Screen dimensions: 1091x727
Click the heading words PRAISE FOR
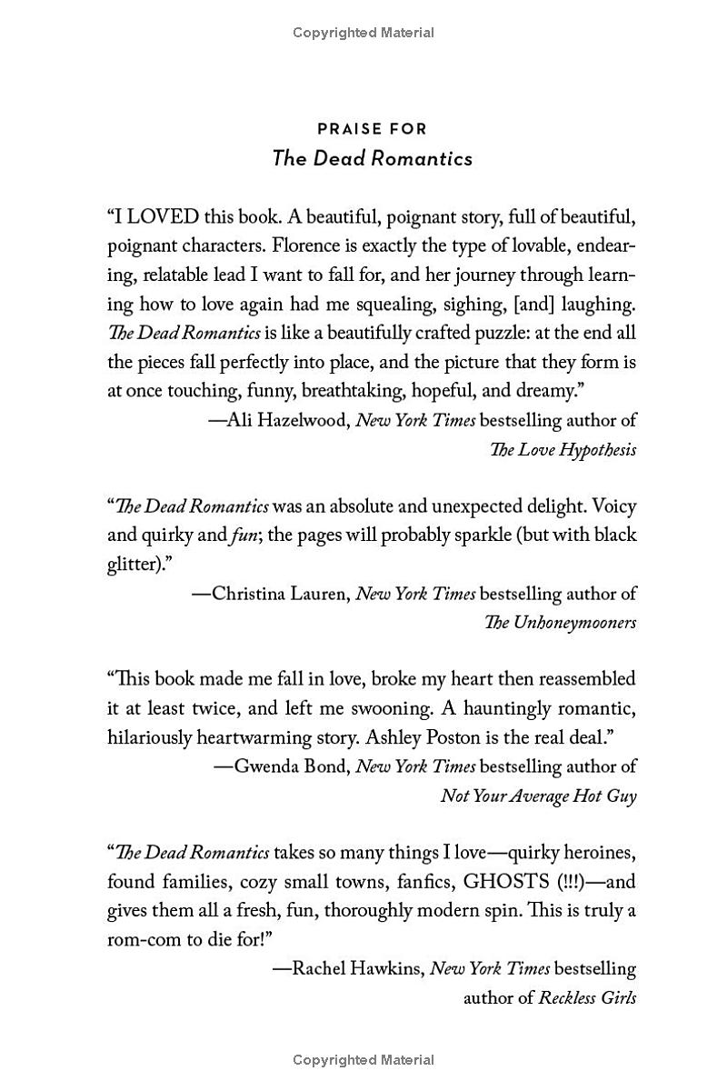tap(372, 129)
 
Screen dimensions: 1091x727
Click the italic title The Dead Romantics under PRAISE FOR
tap(372, 158)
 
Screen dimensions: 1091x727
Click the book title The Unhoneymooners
tap(560, 623)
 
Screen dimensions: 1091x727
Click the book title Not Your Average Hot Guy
tap(538, 796)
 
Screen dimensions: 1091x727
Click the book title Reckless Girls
tap(587, 997)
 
